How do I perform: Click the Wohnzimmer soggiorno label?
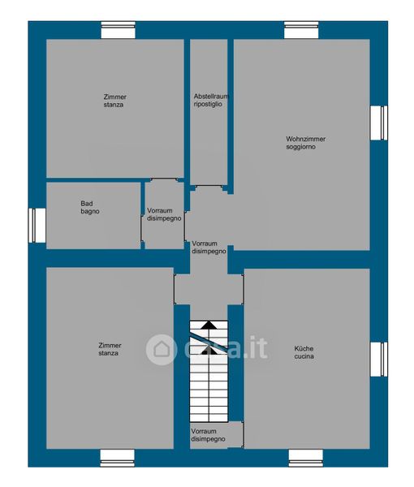(305, 143)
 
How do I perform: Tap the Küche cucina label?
(304, 352)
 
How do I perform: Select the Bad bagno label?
(90, 208)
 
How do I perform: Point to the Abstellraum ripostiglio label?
(211, 100)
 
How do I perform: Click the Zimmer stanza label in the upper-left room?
(115, 101)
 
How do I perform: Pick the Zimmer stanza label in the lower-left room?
(110, 349)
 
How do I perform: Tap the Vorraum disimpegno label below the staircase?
(208, 435)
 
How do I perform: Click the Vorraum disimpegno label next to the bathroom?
(164, 214)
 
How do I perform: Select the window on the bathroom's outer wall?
(37, 226)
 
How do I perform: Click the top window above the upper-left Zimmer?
(118, 30)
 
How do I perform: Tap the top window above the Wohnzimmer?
(301, 30)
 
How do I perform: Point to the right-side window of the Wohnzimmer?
(379, 123)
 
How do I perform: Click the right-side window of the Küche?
(379, 360)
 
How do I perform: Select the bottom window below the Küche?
(306, 459)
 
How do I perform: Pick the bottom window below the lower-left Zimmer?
(118, 459)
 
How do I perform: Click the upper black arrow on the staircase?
(209, 325)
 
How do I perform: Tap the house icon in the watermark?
(162, 349)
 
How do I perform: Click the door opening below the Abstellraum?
(209, 187)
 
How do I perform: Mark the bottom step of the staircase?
(209, 418)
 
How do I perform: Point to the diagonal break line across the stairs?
(209, 343)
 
